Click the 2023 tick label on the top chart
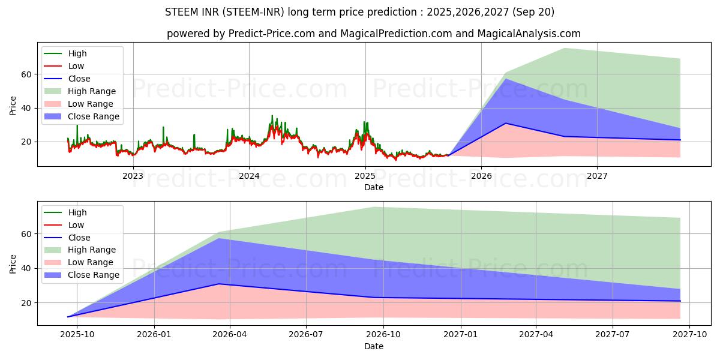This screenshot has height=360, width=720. point(133,176)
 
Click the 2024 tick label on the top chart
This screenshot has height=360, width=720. point(249,176)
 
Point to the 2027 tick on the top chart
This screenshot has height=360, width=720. point(597,176)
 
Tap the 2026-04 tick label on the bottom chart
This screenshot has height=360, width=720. point(230,335)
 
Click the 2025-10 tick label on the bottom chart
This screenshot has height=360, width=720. point(78,335)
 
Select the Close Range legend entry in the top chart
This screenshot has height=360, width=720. point(93,116)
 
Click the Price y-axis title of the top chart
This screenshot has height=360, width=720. point(13,104)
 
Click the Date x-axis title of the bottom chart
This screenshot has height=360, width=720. point(374,346)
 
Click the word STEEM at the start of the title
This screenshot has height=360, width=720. point(180,12)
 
